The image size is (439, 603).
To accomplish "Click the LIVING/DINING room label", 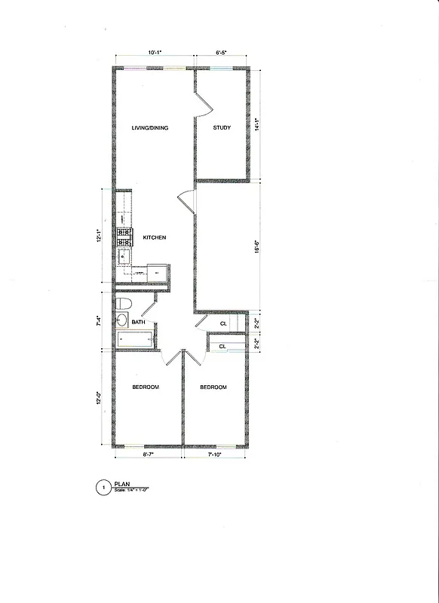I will [149, 128].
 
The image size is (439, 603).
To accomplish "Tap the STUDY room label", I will [222, 128].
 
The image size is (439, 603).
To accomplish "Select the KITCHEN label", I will [155, 238].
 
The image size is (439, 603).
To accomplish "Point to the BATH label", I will [139, 323].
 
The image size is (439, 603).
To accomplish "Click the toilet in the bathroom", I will [125, 303].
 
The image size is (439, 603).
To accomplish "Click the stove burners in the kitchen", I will [124, 237].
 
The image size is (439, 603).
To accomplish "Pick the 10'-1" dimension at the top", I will [155, 53].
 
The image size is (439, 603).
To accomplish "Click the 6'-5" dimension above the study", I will [222, 53].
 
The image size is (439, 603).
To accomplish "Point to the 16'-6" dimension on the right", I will [258, 246].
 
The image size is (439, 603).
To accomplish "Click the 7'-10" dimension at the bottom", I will [215, 456].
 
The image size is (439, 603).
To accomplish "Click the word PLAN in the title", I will [122, 485].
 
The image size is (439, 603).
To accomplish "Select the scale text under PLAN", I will [132, 491].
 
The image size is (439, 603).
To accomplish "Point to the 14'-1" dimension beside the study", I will [258, 124].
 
